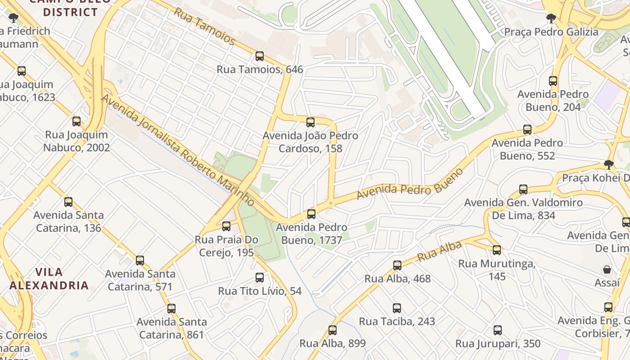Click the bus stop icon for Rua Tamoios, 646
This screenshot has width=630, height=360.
coord(260,56)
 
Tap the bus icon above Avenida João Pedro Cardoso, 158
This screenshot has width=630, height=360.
coord(310,122)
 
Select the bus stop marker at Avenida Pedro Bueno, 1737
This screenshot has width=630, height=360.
coord(311,214)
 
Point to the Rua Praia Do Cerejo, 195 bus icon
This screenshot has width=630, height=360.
coord(226,226)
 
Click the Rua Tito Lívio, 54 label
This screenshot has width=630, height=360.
coord(260,291)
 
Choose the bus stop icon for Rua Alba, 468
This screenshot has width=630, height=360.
coord(397,265)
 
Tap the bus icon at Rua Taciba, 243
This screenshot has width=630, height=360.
coord(396,308)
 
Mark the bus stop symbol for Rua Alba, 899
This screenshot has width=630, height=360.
coord(332,330)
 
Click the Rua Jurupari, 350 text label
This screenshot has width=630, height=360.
coord(498,344)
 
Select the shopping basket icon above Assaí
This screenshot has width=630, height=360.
coord(607,270)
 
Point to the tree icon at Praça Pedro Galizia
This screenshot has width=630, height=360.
coord(551,18)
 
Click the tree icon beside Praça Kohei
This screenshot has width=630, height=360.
coord(609,165)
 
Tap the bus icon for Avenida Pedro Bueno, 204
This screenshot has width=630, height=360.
coord(553,81)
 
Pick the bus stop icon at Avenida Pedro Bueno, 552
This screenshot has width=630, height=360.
coord(527,130)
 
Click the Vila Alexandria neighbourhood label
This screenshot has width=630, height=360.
coord(49,279)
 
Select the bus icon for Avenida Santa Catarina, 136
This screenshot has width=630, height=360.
coord(68,202)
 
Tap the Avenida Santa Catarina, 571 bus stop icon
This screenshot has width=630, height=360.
coord(140,261)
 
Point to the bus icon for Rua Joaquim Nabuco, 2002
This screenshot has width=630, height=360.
coord(76,121)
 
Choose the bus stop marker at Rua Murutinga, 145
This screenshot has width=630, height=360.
coord(497,250)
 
